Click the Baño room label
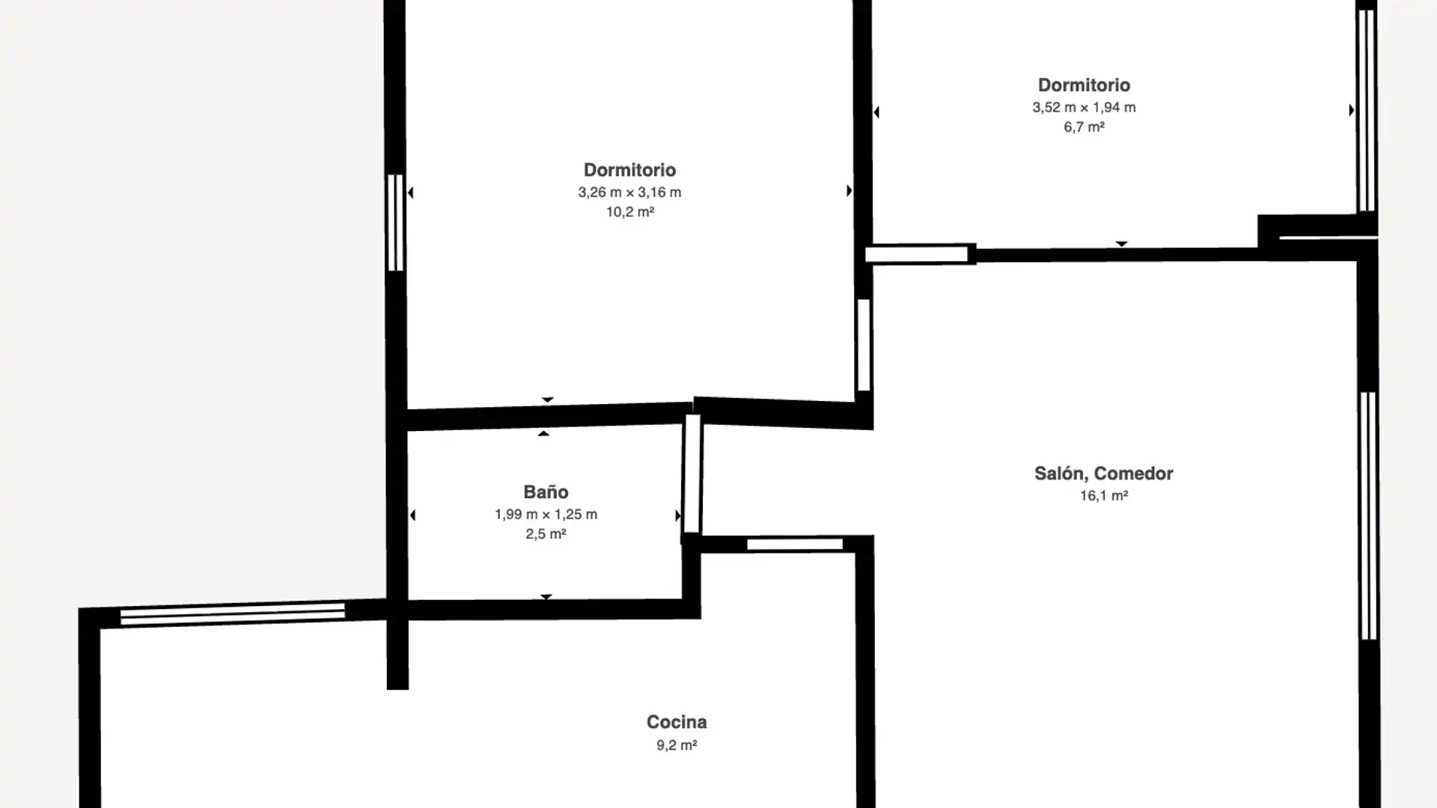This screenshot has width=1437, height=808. click(x=546, y=492)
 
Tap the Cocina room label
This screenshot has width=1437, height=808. click(x=677, y=722)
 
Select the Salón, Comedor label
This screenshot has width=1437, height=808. click(x=1103, y=474)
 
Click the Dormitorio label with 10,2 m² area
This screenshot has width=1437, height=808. click(x=629, y=170)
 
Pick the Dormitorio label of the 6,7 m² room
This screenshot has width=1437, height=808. click(x=1084, y=85)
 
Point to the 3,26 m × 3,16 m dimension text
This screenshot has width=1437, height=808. click(x=629, y=192)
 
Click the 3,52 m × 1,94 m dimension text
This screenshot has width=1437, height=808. click(x=1084, y=107)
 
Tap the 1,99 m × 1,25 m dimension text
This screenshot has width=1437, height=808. click(x=546, y=514)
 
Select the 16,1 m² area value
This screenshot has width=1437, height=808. click(x=1103, y=495)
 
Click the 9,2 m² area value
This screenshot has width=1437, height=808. click(x=677, y=744)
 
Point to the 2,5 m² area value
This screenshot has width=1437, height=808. click(x=546, y=533)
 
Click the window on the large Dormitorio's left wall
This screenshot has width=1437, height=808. click(x=395, y=222)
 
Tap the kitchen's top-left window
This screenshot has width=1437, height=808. click(x=233, y=614)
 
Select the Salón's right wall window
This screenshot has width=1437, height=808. click(x=1368, y=515)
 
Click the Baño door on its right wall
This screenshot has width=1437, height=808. click(x=692, y=474)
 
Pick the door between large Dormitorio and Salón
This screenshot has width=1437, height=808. click(x=864, y=345)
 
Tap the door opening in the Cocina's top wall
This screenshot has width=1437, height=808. click(x=795, y=544)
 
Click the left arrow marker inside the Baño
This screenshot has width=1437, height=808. click(x=412, y=515)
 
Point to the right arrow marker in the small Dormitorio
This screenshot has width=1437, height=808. click(x=1351, y=110)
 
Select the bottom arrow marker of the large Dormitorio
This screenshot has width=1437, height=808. click(x=548, y=400)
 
